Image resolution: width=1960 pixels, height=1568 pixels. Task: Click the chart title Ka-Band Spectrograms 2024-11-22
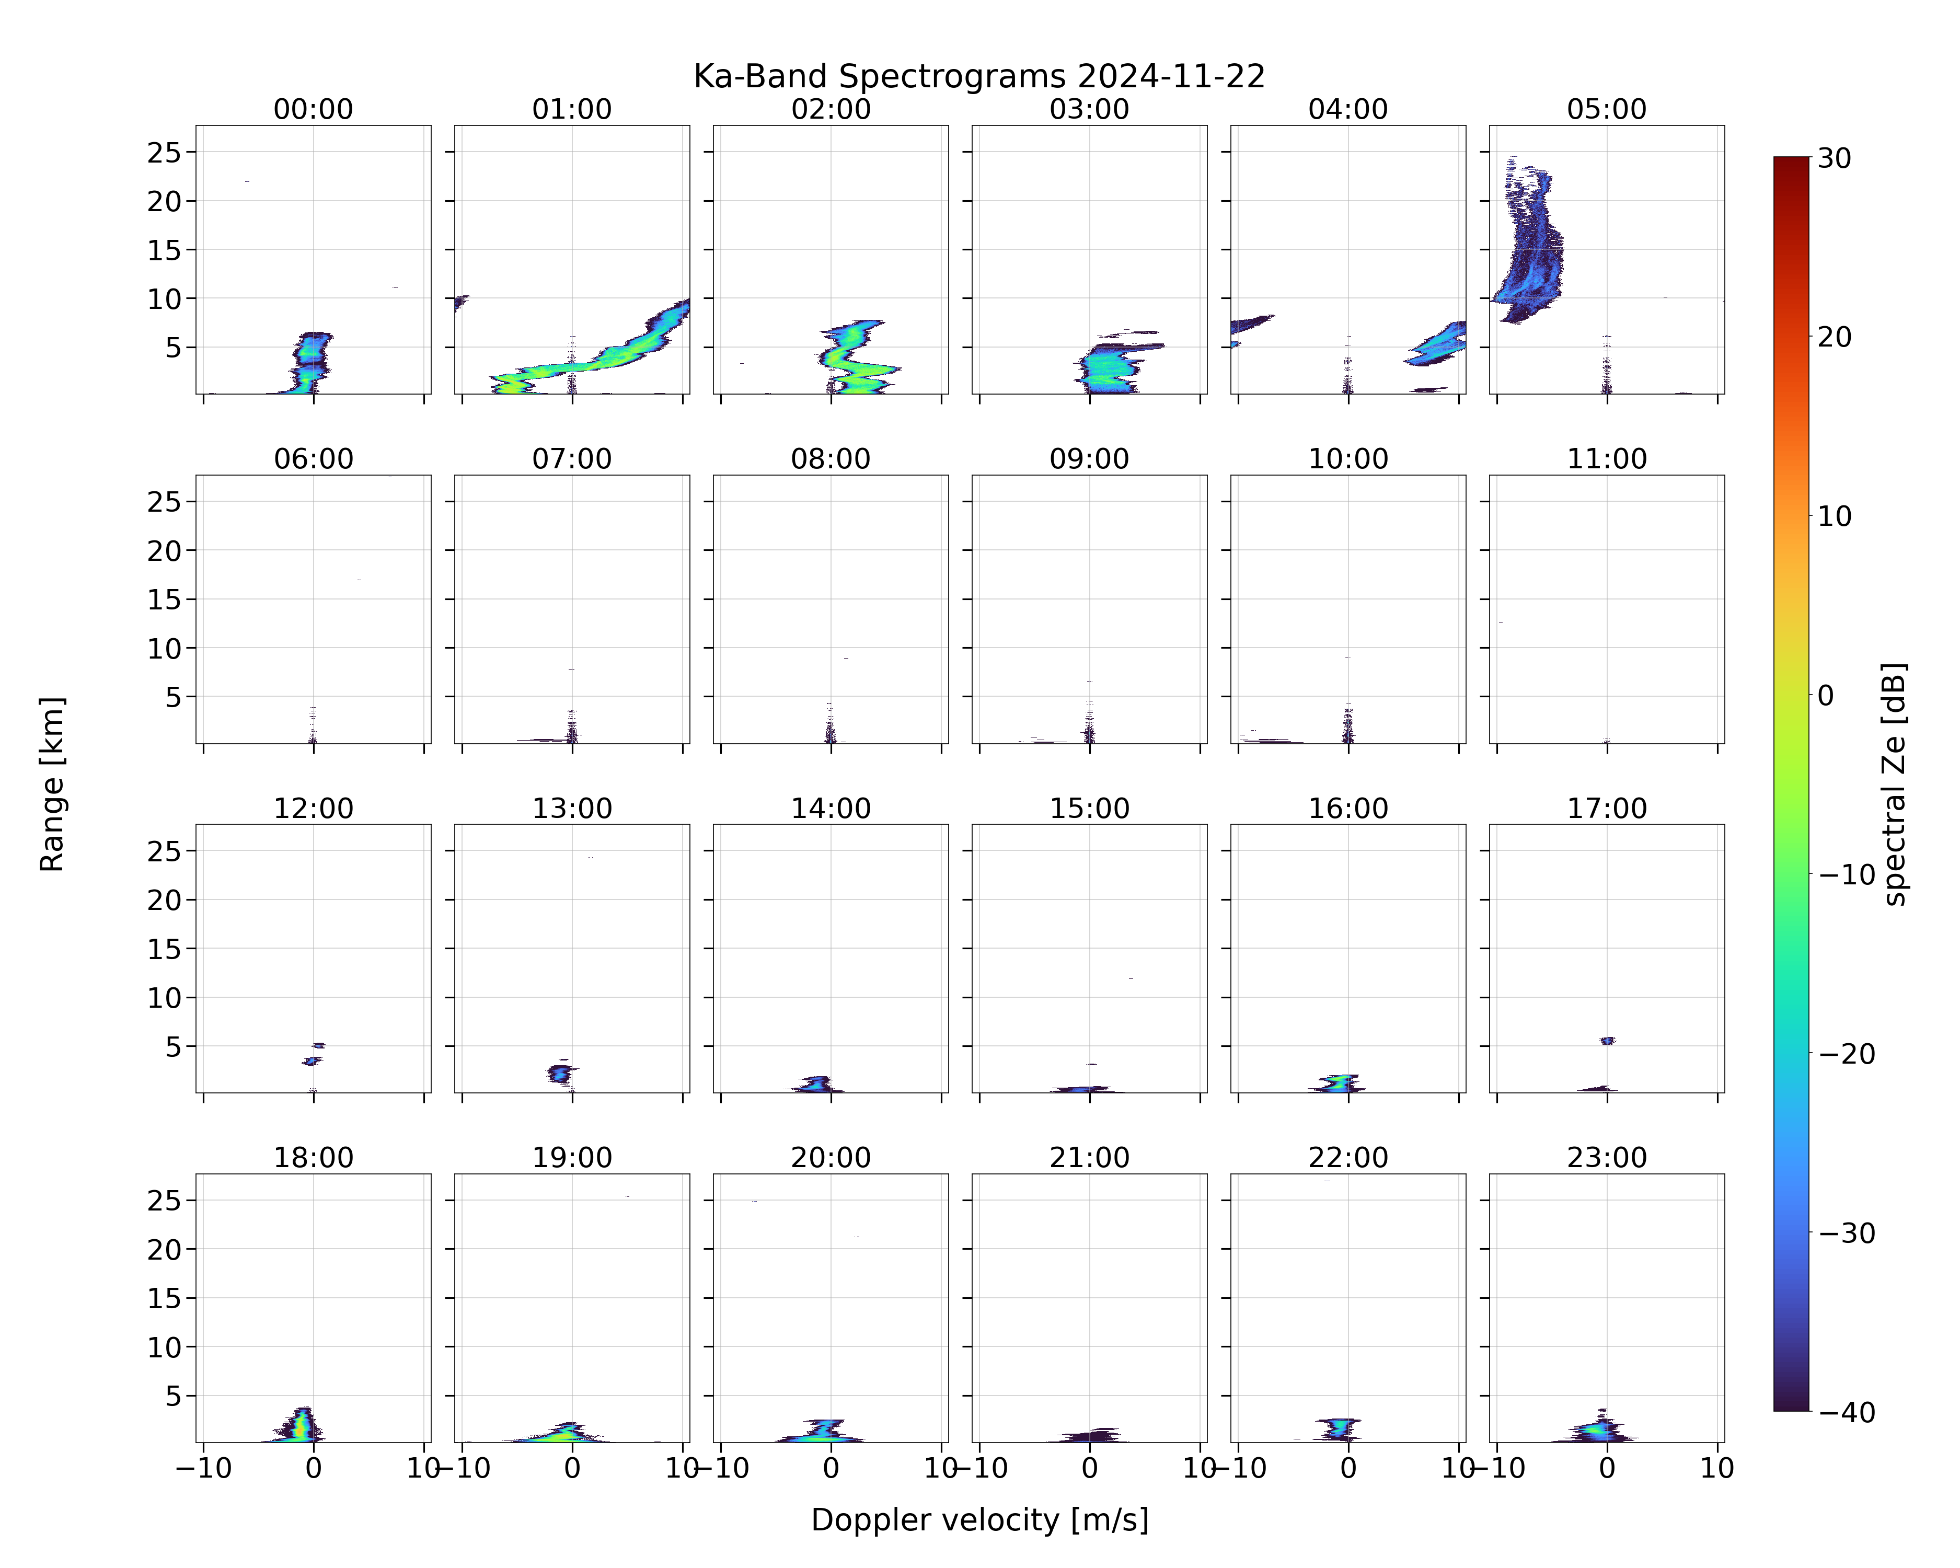point(979,76)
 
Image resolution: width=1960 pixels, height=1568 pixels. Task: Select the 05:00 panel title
point(1606,109)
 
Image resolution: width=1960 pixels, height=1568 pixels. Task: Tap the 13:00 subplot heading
point(572,808)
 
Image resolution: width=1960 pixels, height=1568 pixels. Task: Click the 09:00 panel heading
point(1089,459)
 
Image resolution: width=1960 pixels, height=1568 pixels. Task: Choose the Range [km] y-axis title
point(52,785)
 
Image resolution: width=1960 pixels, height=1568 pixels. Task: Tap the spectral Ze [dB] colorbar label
point(1894,785)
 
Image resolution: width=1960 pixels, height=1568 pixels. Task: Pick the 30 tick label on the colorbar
point(1835,158)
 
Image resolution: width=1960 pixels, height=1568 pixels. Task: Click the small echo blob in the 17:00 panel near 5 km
point(1607,1041)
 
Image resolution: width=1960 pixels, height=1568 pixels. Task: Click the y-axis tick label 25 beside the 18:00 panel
point(165,1201)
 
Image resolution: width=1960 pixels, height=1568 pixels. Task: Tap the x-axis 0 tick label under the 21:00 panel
point(1089,1469)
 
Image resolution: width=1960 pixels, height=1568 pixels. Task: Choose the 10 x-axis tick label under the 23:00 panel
point(1717,1469)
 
